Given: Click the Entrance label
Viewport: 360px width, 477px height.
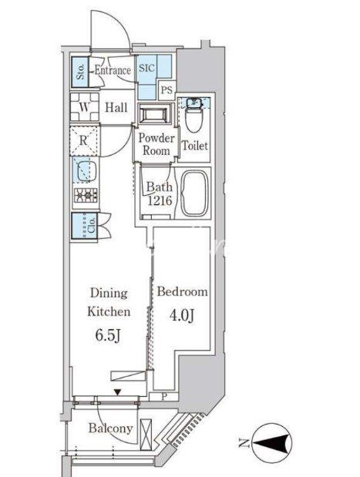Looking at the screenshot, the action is click(x=113, y=70).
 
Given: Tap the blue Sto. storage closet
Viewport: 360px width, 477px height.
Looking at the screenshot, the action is click(x=80, y=72).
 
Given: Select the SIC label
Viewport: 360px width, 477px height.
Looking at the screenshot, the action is click(x=146, y=68).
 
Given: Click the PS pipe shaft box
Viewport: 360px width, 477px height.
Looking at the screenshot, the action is click(x=167, y=90).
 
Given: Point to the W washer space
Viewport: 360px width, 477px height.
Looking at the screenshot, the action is click(x=85, y=107).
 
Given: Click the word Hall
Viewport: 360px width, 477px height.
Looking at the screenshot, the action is click(x=116, y=107).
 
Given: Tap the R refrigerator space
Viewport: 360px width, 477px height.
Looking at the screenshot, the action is click(x=84, y=140).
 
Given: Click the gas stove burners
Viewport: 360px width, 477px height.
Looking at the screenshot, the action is click(x=86, y=195).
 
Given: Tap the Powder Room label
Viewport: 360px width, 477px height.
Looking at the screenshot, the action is click(x=156, y=144).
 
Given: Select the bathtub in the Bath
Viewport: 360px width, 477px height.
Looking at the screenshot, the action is click(x=195, y=193).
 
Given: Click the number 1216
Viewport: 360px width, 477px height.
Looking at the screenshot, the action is click(x=160, y=200).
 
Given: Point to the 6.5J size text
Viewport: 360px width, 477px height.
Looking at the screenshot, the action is click(x=109, y=335).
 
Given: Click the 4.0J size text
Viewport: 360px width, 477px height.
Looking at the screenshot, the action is click(x=182, y=315).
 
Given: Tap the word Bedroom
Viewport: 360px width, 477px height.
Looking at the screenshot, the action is click(x=182, y=292).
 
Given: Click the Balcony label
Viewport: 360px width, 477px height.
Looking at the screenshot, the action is click(x=111, y=428).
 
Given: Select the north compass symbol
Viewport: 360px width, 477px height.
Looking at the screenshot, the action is click(x=273, y=442).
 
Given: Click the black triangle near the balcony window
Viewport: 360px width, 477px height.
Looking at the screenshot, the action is click(x=117, y=393).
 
